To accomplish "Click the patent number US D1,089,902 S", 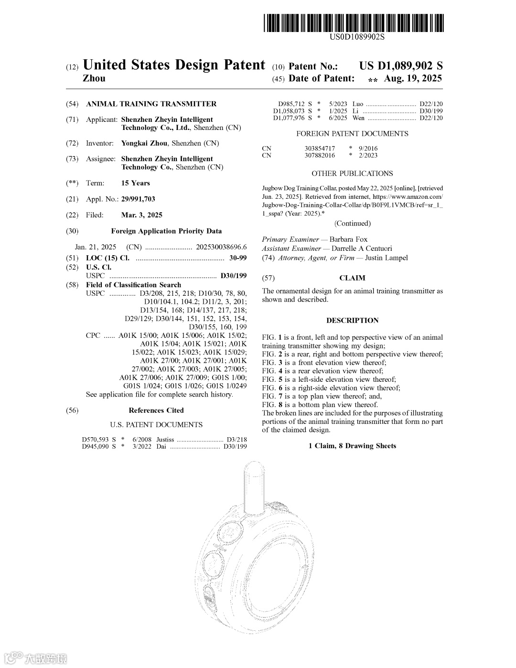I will (x=401, y=66).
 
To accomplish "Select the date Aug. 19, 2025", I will (x=413, y=78).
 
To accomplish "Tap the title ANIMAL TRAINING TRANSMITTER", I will (x=151, y=104).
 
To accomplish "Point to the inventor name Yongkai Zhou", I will (x=144, y=143).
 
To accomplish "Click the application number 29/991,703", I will (x=138, y=199).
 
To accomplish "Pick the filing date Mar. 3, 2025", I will (x=142, y=215).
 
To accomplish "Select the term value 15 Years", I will (x=136, y=183).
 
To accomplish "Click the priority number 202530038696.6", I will (x=221, y=247).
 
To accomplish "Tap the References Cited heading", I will (x=156, y=410).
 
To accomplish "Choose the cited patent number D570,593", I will (x=96, y=439).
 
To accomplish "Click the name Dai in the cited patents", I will (x=161, y=446).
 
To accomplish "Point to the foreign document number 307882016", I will (x=320, y=155).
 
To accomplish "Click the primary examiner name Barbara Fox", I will (x=349, y=239).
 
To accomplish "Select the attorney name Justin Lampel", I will (x=386, y=258).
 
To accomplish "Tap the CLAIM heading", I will (x=352, y=278).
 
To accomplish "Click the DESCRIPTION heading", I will (x=352, y=320).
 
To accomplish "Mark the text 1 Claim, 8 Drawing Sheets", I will (x=352, y=446).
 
